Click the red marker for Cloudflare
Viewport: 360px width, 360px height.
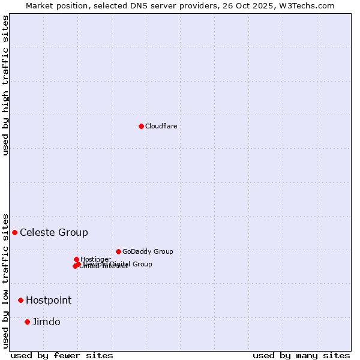141,126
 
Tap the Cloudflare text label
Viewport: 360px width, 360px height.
161,126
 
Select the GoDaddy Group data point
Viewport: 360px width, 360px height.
118,251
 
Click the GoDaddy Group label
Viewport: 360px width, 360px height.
148,251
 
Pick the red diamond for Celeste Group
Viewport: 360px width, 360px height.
14,232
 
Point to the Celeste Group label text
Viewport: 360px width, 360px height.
54,232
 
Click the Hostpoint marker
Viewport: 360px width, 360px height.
20,300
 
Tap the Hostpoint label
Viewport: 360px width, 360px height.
49,300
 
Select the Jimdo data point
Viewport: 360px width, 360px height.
27,322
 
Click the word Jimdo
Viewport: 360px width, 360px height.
46,322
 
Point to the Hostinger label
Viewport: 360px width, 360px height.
95,259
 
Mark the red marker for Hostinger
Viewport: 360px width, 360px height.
76,259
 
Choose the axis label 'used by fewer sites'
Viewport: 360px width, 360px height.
62,355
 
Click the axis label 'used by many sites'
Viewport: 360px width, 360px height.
301,355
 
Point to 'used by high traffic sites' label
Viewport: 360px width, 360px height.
5,85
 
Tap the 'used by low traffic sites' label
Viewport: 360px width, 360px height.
5,280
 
